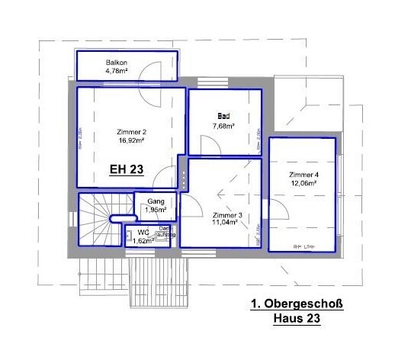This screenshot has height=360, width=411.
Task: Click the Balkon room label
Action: pos(116,62)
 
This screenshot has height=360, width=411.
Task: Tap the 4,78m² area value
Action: pos(117,71)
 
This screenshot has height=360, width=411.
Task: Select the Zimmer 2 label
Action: pos(131,131)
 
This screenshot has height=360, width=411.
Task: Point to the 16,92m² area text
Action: pos(132,140)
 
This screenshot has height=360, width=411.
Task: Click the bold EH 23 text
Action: pos(126,171)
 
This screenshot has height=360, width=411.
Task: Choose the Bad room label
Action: pos(223,116)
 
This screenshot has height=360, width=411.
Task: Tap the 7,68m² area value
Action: pos(223,125)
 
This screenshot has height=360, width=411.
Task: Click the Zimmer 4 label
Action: pos(303,175)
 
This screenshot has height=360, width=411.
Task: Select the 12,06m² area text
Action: pos(303,184)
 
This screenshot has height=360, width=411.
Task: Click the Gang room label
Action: pos(156,201)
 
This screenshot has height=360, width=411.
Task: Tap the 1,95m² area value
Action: pos(156,210)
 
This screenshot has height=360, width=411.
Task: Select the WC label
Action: pos(143,232)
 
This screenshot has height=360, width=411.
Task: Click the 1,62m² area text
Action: pos(143,240)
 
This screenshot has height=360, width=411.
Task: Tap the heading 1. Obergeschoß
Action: pos(297,304)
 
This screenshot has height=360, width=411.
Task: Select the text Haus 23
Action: pos(297,319)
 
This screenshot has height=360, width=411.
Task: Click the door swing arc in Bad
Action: pos(206,143)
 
